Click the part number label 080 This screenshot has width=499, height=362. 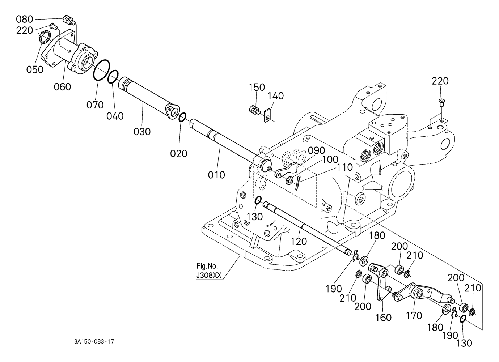[x=24, y=20]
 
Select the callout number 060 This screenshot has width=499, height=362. [x=62, y=86]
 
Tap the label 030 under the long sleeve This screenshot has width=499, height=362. [x=142, y=132]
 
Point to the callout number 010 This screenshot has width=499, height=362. [x=216, y=175]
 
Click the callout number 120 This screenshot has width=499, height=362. [x=299, y=241]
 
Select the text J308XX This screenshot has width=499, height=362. [x=209, y=276]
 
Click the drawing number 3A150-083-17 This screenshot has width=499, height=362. [x=94, y=341]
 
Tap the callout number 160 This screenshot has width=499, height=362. [x=383, y=318]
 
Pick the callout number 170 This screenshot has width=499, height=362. [x=414, y=315]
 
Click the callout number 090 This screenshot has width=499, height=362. [x=317, y=151]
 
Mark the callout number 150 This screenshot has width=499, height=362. [x=257, y=87]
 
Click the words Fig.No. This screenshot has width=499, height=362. [x=207, y=266]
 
